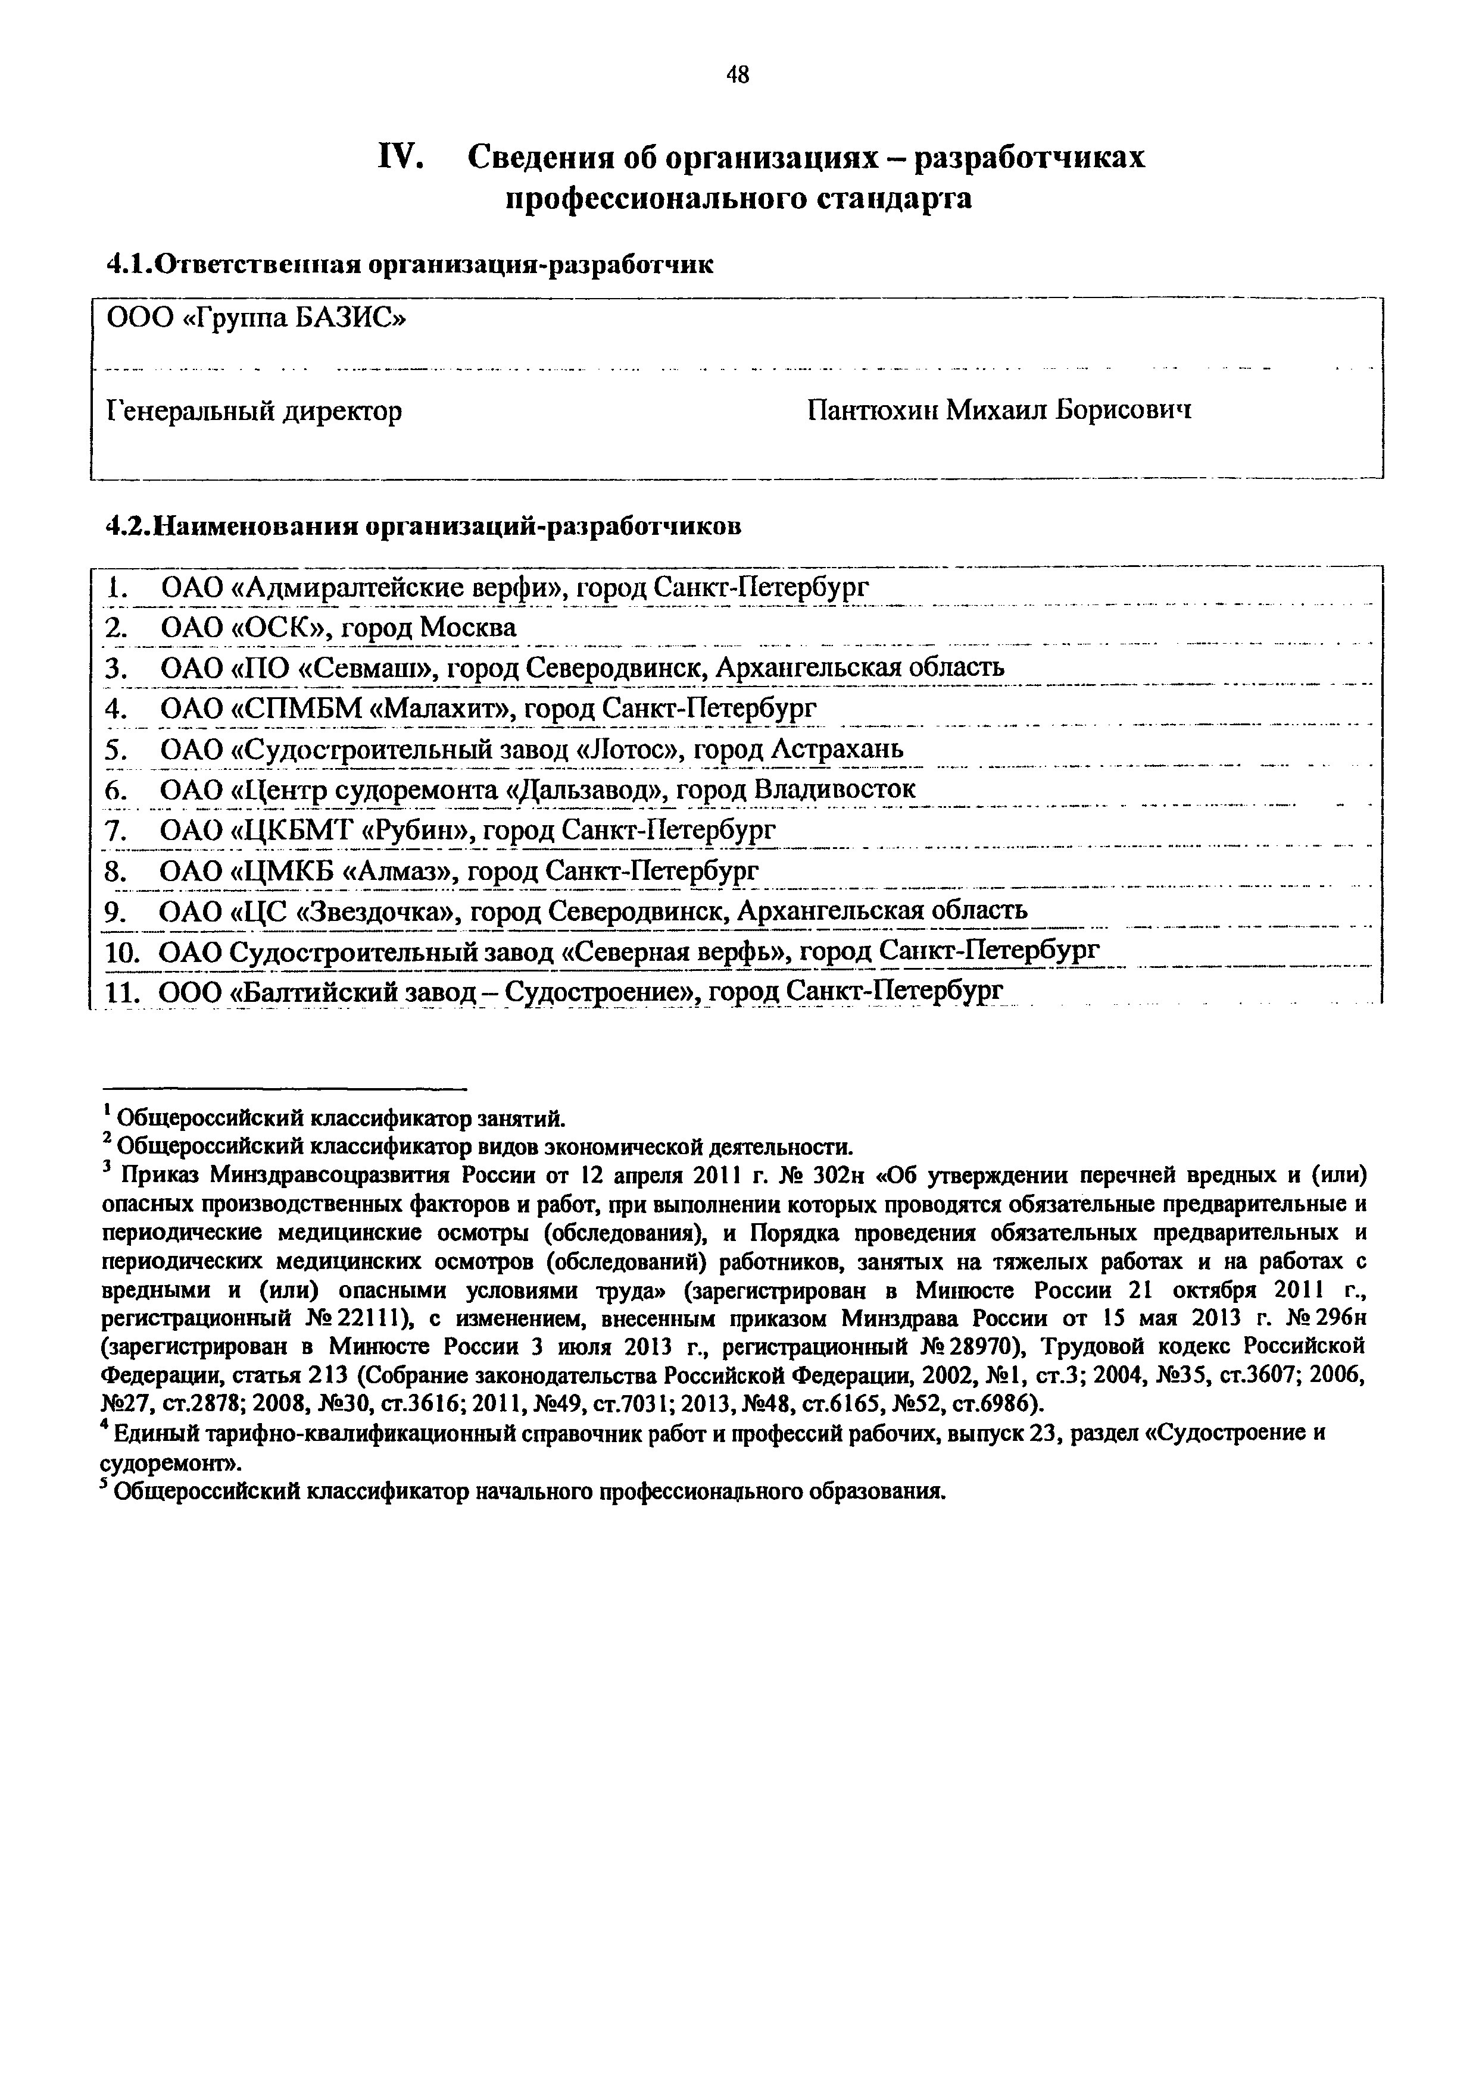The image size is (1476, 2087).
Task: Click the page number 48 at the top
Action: click(x=738, y=76)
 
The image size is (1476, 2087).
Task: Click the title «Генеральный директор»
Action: click(x=255, y=412)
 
